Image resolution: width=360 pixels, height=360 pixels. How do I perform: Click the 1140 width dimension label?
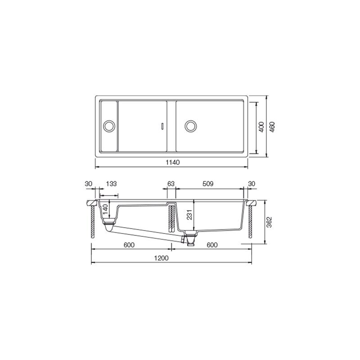pos(173,162)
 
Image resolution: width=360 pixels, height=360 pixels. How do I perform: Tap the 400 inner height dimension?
pos(261,127)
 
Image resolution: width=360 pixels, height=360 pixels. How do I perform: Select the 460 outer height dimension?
pos(272,127)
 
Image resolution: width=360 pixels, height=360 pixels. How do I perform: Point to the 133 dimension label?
pos(111,184)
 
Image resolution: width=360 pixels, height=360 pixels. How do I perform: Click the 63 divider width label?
pos(171,184)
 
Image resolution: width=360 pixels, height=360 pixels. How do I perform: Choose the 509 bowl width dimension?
pos(208,184)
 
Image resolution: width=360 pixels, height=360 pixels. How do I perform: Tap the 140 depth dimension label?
pos(105,209)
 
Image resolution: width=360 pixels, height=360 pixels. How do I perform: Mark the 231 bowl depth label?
pos(189,215)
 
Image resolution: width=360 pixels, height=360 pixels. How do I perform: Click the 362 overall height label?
pos(269,222)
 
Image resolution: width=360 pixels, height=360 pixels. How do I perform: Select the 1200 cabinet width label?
pos(161,258)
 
